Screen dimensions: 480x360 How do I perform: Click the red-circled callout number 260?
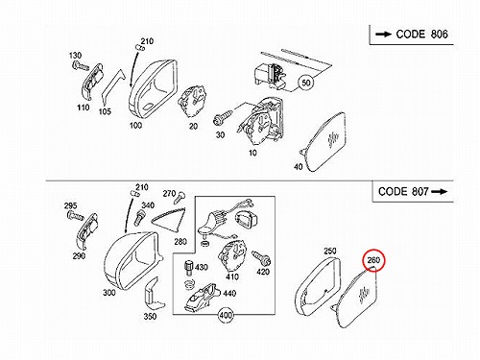click(373, 260)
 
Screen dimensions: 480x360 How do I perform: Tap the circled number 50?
click(306, 83)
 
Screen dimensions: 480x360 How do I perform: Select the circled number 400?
click(226, 315)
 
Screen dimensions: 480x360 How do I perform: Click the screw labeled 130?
click(80, 66)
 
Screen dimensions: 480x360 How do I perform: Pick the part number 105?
click(105, 111)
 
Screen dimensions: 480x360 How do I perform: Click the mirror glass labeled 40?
click(324, 142)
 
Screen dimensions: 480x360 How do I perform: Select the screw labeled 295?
click(75, 216)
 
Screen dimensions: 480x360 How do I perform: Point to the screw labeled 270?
click(180, 197)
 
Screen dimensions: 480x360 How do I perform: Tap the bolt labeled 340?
click(139, 217)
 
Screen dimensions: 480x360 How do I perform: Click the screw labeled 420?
click(261, 257)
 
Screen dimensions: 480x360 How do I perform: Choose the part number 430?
click(202, 267)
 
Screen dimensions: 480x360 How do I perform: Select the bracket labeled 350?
click(153, 295)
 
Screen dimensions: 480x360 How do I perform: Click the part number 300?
click(109, 293)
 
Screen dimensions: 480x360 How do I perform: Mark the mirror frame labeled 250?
click(318, 287)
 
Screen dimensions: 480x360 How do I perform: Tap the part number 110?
click(84, 108)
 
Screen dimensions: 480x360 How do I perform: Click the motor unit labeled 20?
click(193, 101)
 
